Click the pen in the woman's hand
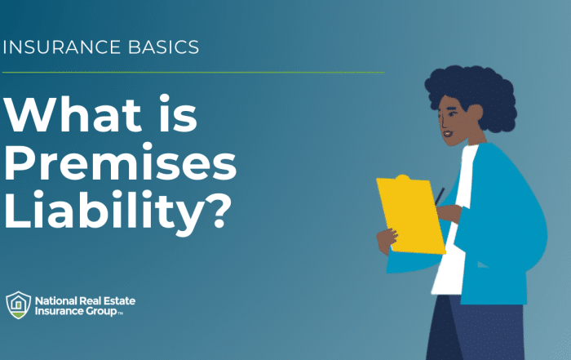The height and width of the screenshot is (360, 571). [440, 196]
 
